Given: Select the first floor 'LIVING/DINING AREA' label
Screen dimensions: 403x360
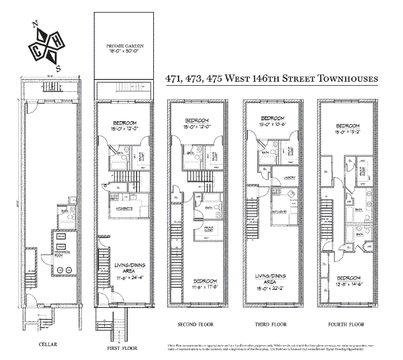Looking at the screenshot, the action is tap(128, 269).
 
